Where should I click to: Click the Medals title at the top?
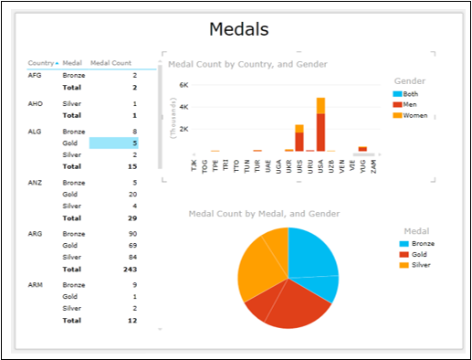pyautogui.click(x=238, y=29)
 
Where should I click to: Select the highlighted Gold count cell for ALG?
pyautogui.click(x=114, y=143)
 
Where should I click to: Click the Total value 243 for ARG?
pyautogui.click(x=129, y=269)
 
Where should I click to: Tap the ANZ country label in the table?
pyautogui.click(x=36, y=183)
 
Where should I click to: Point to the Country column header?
pyautogui.click(x=41, y=63)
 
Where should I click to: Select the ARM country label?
pyautogui.click(x=36, y=284)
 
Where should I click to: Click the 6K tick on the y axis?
pyautogui.click(x=183, y=85)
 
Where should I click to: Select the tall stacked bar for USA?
pyautogui.click(x=320, y=123)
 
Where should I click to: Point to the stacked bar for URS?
pyautogui.click(x=299, y=137)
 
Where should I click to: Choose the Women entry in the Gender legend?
pyautogui.click(x=415, y=115)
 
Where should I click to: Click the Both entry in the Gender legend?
pyautogui.click(x=413, y=94)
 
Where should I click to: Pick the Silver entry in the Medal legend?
pyautogui.click(x=420, y=265)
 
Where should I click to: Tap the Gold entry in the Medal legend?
pyautogui.click(x=419, y=255)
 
